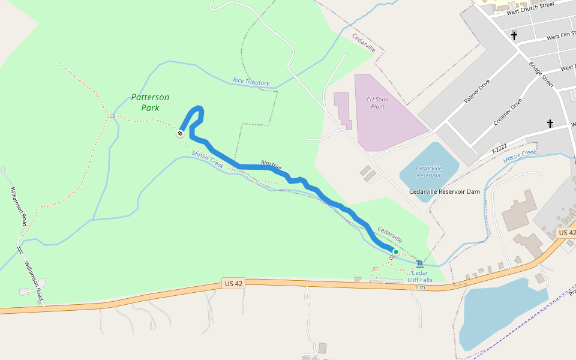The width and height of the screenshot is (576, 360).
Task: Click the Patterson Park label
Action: pos(150,103)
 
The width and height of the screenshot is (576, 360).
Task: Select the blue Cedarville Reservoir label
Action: pos(428,171)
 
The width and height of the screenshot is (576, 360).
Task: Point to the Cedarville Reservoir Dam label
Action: pos(445,191)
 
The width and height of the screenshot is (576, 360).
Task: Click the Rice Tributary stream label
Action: pos(251,82)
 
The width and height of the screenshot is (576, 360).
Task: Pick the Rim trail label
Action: pos(271,164)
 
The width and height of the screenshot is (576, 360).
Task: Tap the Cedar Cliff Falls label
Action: pos(420,276)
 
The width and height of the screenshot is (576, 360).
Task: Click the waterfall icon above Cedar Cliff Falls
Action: pos(419,264)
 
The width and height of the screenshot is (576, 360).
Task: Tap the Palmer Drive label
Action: pos(476,91)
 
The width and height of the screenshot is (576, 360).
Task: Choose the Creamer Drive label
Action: pos(507,112)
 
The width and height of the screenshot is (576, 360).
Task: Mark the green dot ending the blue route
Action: pos(395,252)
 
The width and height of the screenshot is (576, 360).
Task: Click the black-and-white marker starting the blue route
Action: pos(180,133)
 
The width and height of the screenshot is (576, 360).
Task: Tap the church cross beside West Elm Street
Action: pos(514,36)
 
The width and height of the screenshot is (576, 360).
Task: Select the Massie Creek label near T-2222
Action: pos(519,157)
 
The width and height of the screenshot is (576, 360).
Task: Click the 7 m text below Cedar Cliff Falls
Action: pos(420,287)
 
